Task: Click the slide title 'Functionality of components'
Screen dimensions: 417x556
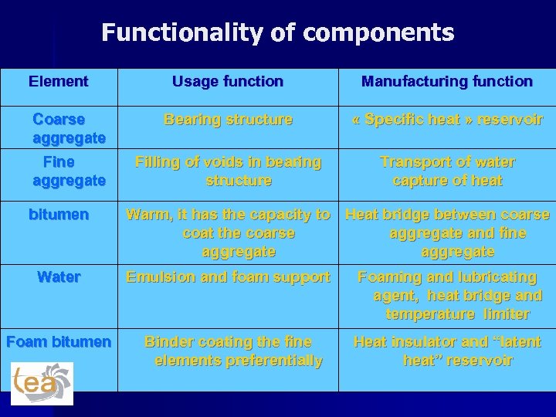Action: pyautogui.click(x=278, y=33)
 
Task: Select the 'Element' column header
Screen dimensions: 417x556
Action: pyautogui.click(x=59, y=81)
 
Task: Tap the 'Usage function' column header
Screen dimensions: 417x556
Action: pyautogui.click(x=228, y=81)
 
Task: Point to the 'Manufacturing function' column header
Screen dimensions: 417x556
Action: pyautogui.click(x=447, y=81)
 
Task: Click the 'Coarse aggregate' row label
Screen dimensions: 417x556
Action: pyautogui.click(x=68, y=129)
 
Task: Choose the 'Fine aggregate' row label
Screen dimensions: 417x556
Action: pyautogui.click(x=68, y=171)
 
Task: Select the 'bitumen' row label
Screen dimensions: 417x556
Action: pyautogui.click(x=59, y=215)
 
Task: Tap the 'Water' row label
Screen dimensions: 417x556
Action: pyautogui.click(x=59, y=276)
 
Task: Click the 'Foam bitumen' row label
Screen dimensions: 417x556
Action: pyautogui.click(x=59, y=341)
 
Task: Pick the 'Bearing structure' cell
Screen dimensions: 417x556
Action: pyautogui.click(x=228, y=120)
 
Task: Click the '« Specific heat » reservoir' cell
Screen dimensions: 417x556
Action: pyautogui.click(x=447, y=120)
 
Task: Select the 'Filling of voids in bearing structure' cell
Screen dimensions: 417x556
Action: pyautogui.click(x=228, y=171)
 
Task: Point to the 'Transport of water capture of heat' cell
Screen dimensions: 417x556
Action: pyautogui.click(x=447, y=171)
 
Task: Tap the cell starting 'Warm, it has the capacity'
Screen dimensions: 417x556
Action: pyautogui.click(x=228, y=233)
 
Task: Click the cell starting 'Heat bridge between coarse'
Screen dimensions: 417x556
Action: pyautogui.click(x=447, y=233)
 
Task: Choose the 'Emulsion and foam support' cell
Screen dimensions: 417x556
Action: pyautogui.click(x=228, y=276)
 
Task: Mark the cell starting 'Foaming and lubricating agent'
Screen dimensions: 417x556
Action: pyautogui.click(x=447, y=295)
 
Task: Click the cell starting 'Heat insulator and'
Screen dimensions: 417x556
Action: pyautogui.click(x=447, y=351)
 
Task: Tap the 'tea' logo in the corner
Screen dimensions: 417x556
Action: pyautogui.click(x=42, y=383)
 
